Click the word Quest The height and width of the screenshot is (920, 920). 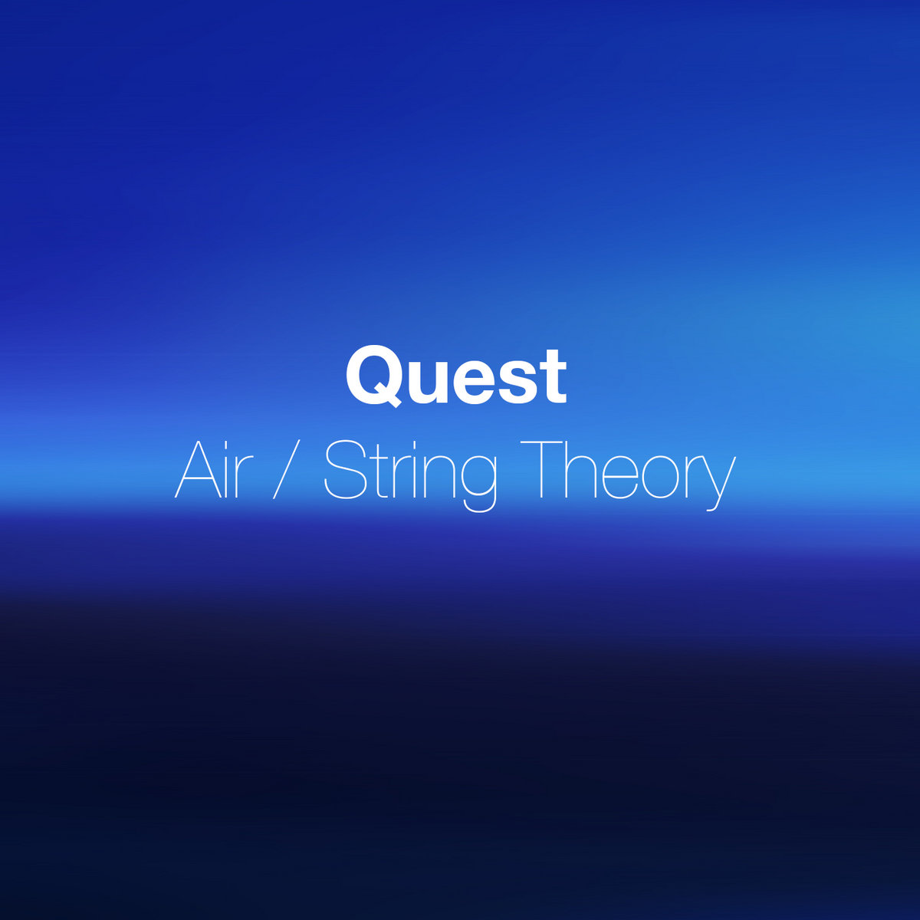[x=456, y=376]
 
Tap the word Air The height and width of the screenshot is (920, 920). [x=214, y=469]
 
